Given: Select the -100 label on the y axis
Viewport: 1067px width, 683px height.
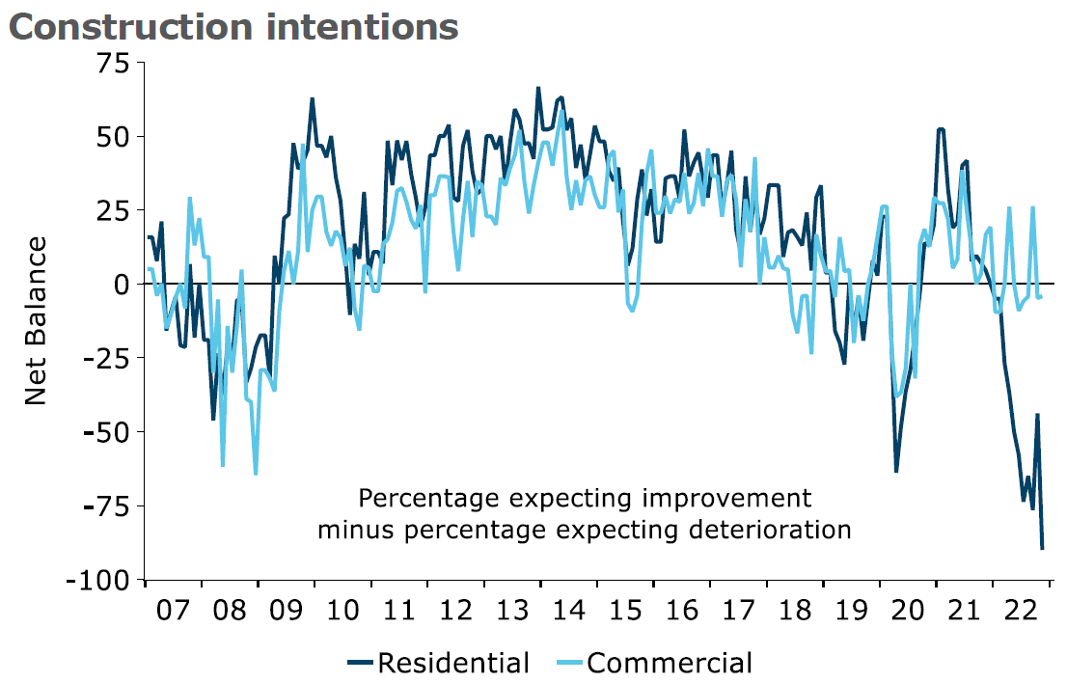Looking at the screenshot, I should click(97, 580).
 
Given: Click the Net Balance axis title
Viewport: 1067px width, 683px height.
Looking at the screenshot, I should click(36, 320).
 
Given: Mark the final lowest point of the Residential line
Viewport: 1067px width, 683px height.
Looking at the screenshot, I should click(1042, 549).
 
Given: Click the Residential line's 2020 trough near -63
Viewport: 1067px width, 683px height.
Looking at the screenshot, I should click(896, 471).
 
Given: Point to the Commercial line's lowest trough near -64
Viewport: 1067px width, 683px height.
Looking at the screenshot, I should click(256, 473).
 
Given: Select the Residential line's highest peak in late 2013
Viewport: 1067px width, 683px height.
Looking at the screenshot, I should click(538, 89).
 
